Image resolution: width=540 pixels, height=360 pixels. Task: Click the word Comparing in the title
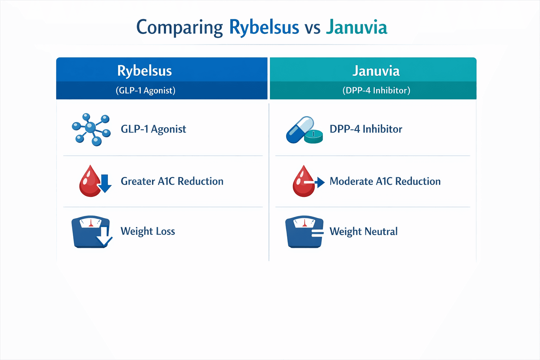click(x=179, y=27)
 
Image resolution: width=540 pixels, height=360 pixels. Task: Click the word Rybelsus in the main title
click(x=264, y=27)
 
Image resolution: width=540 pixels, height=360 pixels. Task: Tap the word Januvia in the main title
click(x=356, y=27)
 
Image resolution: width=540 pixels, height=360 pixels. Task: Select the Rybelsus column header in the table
click(x=144, y=71)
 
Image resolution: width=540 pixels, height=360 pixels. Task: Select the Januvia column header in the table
click(x=376, y=71)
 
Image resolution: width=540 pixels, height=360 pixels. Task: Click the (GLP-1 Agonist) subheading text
click(x=146, y=90)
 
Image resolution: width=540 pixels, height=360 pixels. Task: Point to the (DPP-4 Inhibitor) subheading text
click(x=376, y=90)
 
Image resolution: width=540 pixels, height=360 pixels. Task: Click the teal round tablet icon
click(x=313, y=137)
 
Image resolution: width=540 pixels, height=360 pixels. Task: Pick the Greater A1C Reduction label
click(x=172, y=181)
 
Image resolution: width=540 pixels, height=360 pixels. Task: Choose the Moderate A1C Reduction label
click(x=385, y=181)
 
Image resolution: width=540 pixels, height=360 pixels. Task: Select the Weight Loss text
click(x=148, y=231)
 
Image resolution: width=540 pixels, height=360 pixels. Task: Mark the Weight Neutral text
click(x=364, y=231)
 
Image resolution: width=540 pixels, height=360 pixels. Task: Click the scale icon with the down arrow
click(x=91, y=232)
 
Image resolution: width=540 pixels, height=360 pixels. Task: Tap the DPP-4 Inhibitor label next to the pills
click(x=366, y=129)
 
